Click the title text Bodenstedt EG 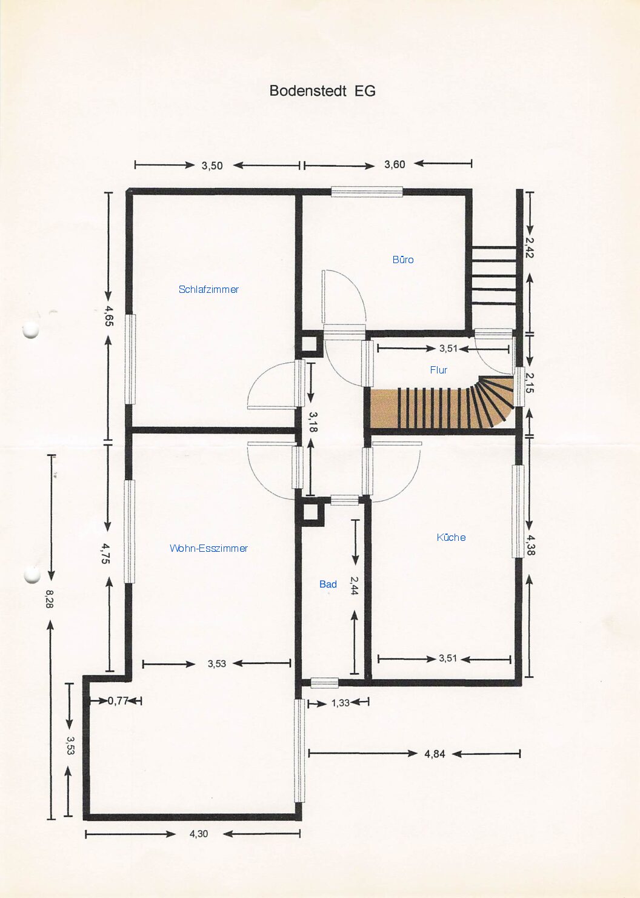pyautogui.click(x=322, y=91)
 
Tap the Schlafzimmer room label pyautogui.click(x=208, y=289)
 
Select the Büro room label pyautogui.click(x=403, y=260)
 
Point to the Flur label pyautogui.click(x=438, y=370)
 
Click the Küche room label pyautogui.click(x=452, y=537)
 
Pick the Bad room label pyautogui.click(x=328, y=585)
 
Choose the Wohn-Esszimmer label pyautogui.click(x=208, y=548)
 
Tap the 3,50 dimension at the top pyautogui.click(x=212, y=166)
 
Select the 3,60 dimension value pyautogui.click(x=395, y=164)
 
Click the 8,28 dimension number pyautogui.click(x=49, y=599)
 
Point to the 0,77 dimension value pyautogui.click(x=118, y=701)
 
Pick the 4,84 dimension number pyautogui.click(x=435, y=754)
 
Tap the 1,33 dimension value pyautogui.click(x=341, y=703)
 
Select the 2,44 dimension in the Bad pyautogui.click(x=354, y=585)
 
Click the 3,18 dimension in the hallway pyautogui.click(x=313, y=422)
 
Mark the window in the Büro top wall pyautogui.click(x=367, y=192)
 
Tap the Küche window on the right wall pyautogui.click(x=518, y=511)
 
